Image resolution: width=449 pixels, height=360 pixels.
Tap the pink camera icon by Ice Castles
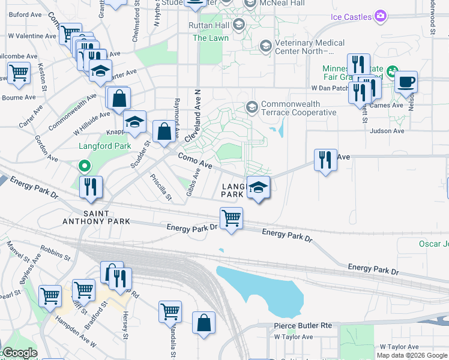[x=379, y=16]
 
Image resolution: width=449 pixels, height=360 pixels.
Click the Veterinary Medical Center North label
[x=310, y=47]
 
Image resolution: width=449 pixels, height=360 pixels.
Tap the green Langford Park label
[x=104, y=146]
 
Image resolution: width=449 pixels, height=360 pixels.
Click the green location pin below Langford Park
[x=85, y=166]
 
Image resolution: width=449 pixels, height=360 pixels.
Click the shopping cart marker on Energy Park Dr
[x=231, y=217]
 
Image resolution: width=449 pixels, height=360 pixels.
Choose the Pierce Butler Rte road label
[x=303, y=325]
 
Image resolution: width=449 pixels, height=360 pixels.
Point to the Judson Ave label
[x=387, y=131]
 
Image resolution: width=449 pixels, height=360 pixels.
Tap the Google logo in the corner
[x=19, y=353]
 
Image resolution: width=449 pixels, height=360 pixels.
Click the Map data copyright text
[x=412, y=355]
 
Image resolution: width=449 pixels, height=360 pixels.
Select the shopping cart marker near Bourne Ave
[x=19, y=73]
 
